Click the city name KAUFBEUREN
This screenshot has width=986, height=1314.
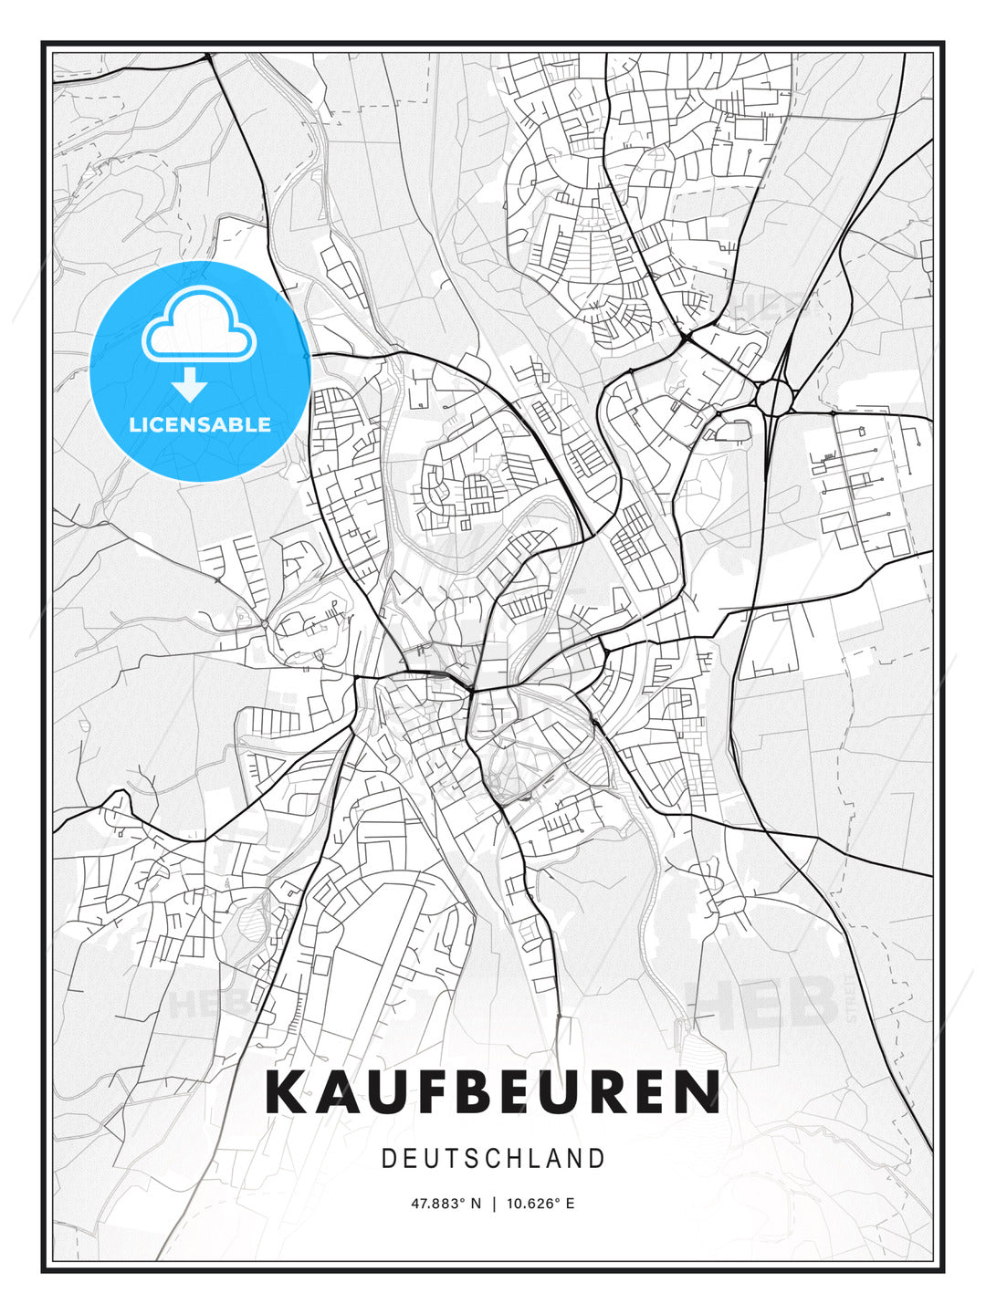pyautogui.click(x=493, y=1092)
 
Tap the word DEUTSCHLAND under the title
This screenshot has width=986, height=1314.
pyautogui.click(x=493, y=1158)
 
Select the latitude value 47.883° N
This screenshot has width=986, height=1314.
pyautogui.click(x=446, y=1204)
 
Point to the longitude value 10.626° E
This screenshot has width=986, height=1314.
pyautogui.click(x=541, y=1204)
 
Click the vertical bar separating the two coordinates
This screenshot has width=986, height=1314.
pyautogui.click(x=494, y=1204)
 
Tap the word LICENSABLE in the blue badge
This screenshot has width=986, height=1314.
pyautogui.click(x=200, y=424)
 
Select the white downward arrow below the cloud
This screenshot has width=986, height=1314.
pyautogui.click(x=190, y=384)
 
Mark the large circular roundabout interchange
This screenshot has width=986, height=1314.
pyautogui.click(x=774, y=398)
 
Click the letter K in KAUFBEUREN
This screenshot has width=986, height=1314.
pyautogui.click(x=284, y=1092)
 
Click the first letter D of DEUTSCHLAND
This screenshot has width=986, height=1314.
pyautogui.click(x=388, y=1158)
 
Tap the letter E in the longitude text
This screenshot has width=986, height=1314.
pyautogui.click(x=570, y=1204)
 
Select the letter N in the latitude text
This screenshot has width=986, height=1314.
pyautogui.click(x=475, y=1204)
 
